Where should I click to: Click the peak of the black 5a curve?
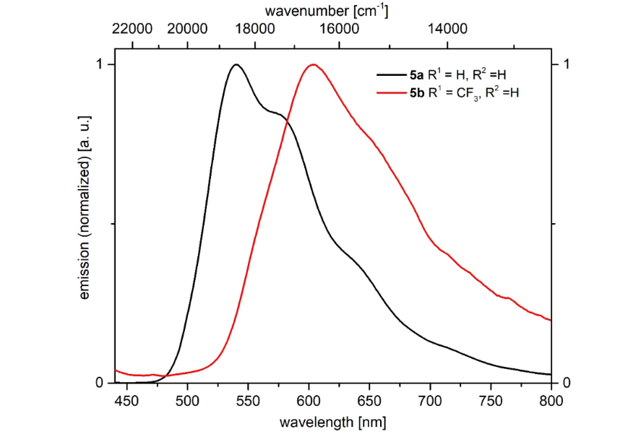(x=236, y=65)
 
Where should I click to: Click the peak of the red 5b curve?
(x=313, y=65)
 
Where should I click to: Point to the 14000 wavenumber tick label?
(x=448, y=29)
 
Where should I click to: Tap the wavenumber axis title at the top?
(x=327, y=10)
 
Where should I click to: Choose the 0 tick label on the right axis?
(x=567, y=382)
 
